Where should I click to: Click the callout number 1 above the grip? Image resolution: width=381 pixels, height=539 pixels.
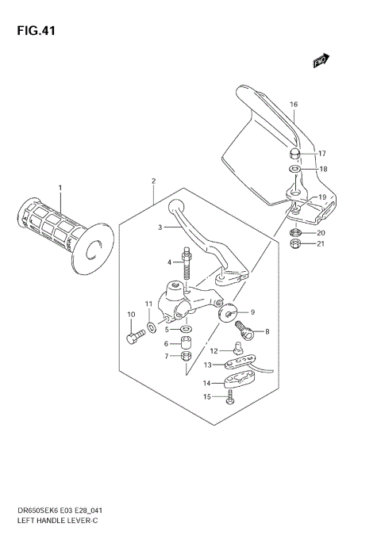click(59, 187)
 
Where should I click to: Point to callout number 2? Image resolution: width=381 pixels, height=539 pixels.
click(153, 181)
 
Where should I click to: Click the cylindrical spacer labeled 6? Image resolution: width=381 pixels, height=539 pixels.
click(185, 342)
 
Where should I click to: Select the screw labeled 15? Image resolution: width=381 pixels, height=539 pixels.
click(229, 399)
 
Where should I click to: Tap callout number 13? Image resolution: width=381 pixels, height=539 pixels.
click(206, 365)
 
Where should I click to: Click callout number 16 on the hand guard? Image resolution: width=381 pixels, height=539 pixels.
click(293, 104)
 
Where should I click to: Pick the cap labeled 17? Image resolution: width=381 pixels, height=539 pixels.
click(294, 152)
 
